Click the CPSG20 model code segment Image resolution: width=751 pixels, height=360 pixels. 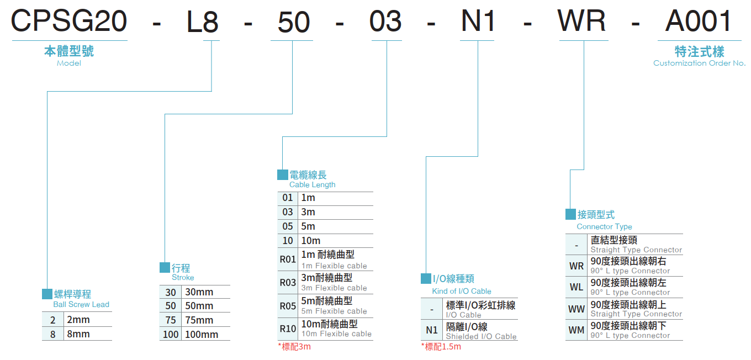69,21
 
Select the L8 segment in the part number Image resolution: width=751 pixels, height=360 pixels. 202,22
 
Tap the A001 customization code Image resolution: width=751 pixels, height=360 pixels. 698,21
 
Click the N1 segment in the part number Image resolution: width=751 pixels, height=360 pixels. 478,21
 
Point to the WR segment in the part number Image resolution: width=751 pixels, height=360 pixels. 581,21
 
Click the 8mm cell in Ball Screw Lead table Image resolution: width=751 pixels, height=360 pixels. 78,334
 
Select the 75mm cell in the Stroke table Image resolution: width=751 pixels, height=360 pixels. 199,320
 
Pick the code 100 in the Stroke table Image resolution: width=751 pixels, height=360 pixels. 171,334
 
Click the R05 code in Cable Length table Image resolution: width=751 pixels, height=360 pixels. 288,306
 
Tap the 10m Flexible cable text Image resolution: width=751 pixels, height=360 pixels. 336,334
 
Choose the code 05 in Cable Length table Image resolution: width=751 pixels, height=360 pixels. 288,226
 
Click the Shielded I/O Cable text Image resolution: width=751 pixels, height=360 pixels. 481,337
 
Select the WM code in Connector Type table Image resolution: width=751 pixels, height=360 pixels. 577,330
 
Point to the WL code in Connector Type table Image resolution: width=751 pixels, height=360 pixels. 577,287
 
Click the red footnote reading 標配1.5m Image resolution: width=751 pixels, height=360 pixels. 441,347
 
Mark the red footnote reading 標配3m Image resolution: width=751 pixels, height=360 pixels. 294,347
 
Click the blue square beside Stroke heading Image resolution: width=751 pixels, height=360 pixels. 165,267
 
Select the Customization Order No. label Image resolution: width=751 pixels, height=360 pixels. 699,63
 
